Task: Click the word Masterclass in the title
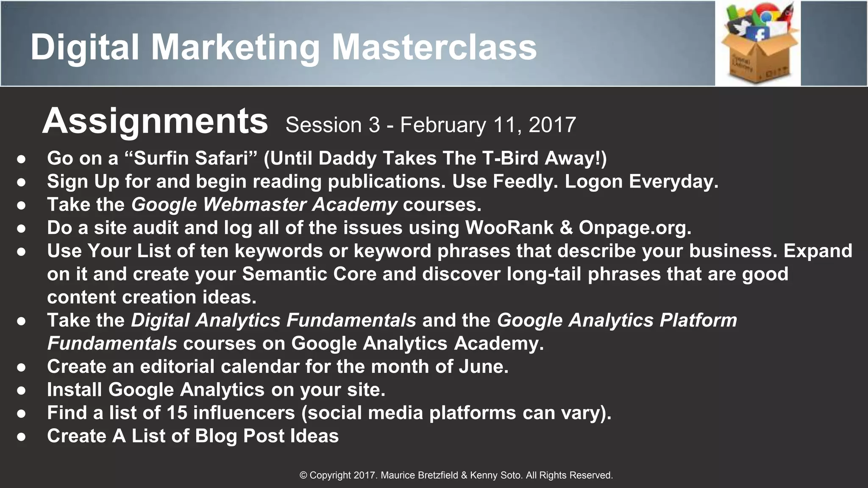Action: click(434, 47)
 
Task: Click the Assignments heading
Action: click(155, 122)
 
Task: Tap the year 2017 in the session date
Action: click(552, 125)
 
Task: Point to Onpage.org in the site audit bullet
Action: click(634, 228)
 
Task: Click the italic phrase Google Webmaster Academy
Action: click(264, 205)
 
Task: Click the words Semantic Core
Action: click(309, 274)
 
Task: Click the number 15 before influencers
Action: click(177, 413)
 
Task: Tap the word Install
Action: click(75, 390)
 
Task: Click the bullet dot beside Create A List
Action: click(22, 437)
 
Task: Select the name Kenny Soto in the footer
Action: click(496, 475)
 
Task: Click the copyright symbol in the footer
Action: click(303, 475)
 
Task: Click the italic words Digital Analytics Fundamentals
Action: click(273, 320)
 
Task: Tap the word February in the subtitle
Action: click(443, 125)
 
